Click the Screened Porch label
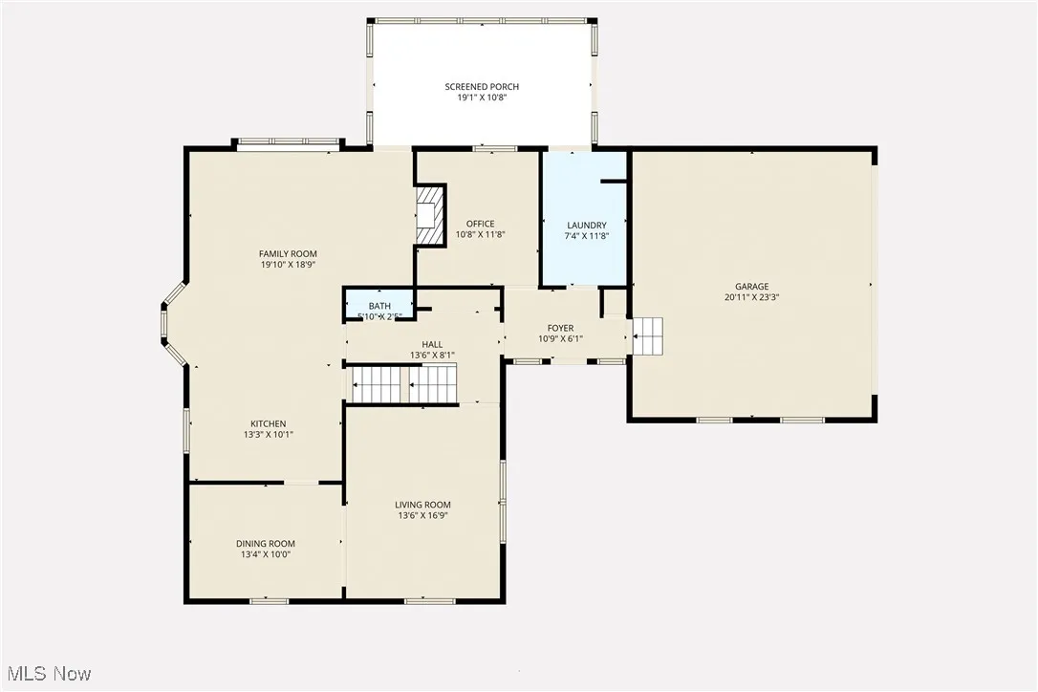[x=482, y=87]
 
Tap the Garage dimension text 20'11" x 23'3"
[x=751, y=297]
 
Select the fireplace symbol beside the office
[x=431, y=215]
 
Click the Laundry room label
[x=586, y=226]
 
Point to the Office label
[x=480, y=224]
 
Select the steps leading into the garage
[x=647, y=335]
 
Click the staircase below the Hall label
[x=406, y=384]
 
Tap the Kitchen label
[x=268, y=423]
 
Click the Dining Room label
[x=266, y=543]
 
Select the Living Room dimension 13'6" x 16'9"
[x=422, y=515]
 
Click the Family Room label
[x=288, y=253]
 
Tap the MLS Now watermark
[x=47, y=674]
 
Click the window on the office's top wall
[x=495, y=148]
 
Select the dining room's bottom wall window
[x=269, y=600]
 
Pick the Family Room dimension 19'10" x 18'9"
[x=288, y=265]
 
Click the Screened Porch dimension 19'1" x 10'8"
[x=482, y=97]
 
